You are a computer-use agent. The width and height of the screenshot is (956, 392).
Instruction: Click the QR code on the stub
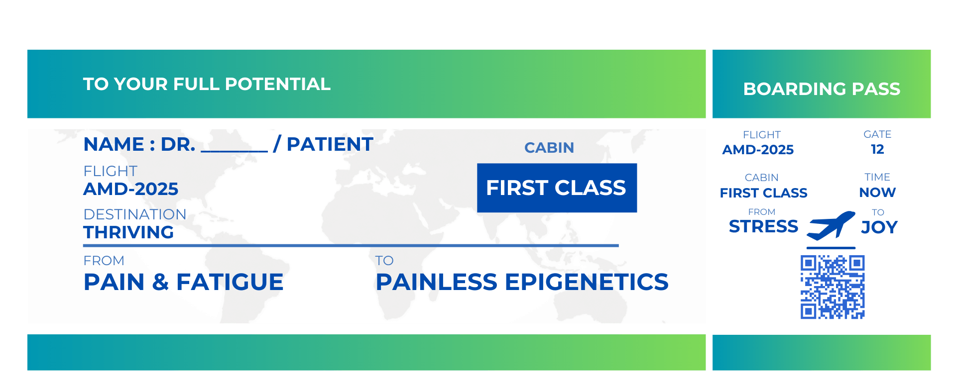point(833,287)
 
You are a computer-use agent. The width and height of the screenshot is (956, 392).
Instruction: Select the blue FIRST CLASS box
point(557,188)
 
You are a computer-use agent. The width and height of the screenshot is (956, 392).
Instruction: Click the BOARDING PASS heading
point(822,89)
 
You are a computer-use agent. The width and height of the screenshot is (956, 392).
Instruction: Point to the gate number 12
point(877,149)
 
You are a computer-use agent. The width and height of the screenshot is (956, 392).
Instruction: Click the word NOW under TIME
point(877,193)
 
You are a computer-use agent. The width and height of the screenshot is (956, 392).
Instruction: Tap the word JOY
point(879,227)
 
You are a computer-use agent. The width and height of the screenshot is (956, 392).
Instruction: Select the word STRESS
point(763,226)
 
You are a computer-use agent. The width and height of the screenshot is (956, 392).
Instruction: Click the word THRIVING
point(128,232)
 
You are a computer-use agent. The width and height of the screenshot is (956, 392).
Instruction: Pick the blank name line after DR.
point(234,151)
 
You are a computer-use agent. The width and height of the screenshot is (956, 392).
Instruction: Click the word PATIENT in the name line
point(330,144)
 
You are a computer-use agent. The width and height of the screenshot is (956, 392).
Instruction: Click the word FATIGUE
point(230,282)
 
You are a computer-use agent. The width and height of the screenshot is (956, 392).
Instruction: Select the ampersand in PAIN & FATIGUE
point(160,282)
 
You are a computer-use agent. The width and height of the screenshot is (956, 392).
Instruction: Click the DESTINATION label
point(135,214)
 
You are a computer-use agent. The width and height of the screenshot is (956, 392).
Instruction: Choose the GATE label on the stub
point(877,134)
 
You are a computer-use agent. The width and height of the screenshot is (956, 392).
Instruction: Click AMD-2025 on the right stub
point(758,150)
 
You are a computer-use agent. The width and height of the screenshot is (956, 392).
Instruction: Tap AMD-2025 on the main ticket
point(131,189)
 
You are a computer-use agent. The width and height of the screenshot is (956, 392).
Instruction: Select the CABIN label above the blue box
point(549,148)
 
